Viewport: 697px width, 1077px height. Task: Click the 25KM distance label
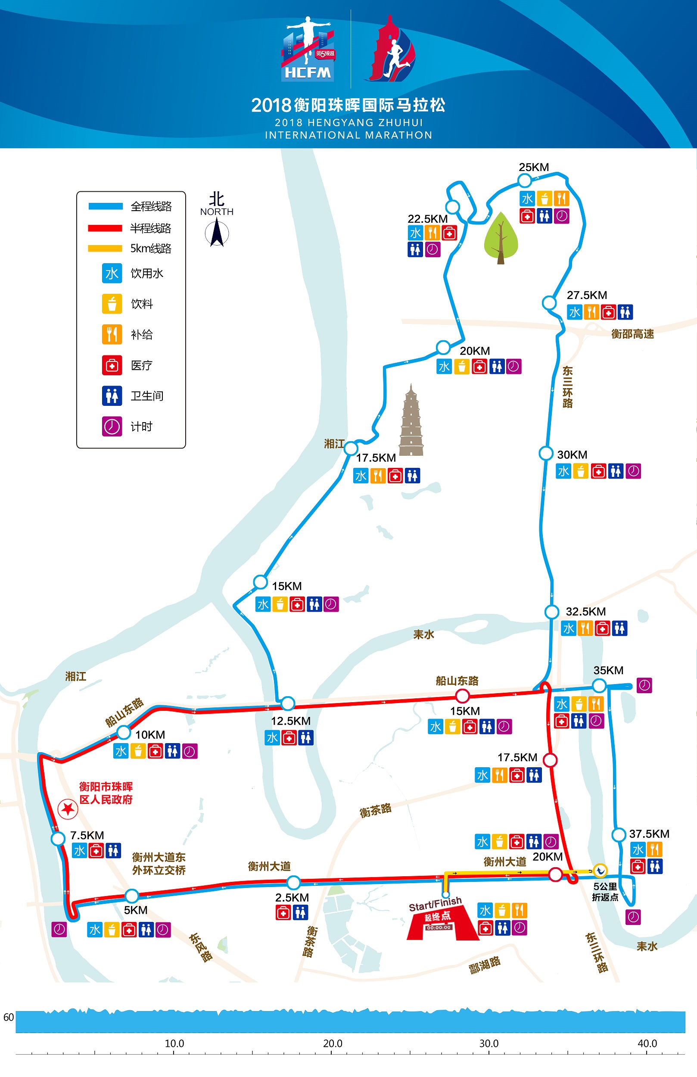coord(534,167)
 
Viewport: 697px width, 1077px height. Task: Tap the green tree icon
coord(501,237)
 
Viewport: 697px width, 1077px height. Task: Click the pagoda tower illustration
coord(411,421)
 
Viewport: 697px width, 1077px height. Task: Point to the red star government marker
coord(68,809)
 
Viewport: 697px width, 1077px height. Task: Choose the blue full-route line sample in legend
coord(106,206)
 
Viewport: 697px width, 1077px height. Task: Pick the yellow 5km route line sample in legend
coord(106,249)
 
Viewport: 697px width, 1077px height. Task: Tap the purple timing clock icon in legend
coord(112,426)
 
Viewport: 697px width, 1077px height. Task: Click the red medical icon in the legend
coord(112,365)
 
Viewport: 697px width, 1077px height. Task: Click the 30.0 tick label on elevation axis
coord(489,1043)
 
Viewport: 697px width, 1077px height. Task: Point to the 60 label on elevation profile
coord(9,1017)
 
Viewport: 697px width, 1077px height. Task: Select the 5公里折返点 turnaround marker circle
coord(600,870)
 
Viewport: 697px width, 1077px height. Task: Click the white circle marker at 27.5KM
coord(549,302)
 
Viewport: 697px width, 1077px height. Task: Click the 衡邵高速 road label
coord(632,334)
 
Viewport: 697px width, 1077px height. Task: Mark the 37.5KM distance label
coord(649,834)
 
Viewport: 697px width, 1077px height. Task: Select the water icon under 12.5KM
coord(272,738)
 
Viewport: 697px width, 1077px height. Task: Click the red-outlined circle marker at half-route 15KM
coord(462,695)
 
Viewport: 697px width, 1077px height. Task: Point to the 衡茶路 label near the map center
coord(375,810)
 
